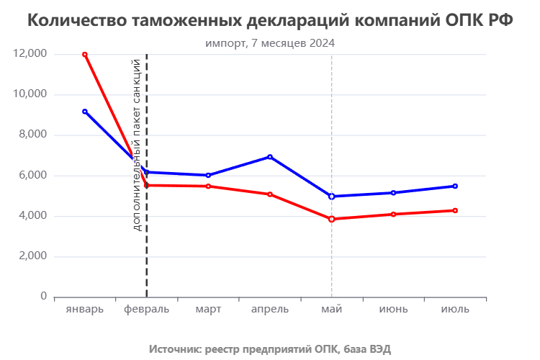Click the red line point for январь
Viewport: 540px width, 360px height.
pos(85,54)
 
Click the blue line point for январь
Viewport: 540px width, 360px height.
pos(85,112)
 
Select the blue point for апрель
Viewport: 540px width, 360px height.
pos(270,156)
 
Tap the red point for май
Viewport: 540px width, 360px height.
pos(332,219)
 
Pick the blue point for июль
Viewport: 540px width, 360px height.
pos(455,186)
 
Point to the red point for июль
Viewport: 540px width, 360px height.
pos(455,210)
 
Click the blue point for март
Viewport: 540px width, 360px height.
pos(208,175)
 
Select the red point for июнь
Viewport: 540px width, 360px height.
pos(393,214)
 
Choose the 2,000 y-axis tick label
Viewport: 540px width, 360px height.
pos(34,256)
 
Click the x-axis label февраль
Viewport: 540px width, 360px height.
pos(146,310)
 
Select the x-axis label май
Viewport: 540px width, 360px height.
pos(332,310)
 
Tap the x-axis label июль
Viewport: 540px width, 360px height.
pos(455,310)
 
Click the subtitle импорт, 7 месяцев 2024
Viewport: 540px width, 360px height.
pos(270,43)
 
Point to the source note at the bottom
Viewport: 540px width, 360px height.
pos(270,349)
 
